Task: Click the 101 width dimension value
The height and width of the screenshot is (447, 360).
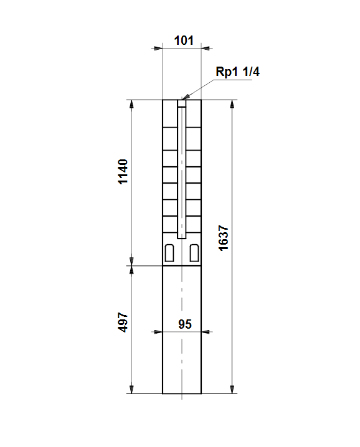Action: click(x=184, y=40)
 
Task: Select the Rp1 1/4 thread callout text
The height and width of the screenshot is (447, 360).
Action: click(x=238, y=71)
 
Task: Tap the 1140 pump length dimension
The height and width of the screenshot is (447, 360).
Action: click(x=123, y=172)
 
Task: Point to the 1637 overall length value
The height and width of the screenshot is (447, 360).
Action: click(x=224, y=238)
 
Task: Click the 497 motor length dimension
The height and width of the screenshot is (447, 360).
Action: click(x=123, y=322)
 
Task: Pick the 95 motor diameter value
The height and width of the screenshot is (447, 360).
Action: click(x=185, y=324)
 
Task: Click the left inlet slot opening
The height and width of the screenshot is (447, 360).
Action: click(x=169, y=253)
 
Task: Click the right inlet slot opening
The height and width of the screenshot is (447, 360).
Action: click(x=194, y=253)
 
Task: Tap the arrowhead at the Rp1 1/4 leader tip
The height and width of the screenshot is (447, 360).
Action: click(x=185, y=96)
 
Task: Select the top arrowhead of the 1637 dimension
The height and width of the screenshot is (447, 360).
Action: click(x=232, y=104)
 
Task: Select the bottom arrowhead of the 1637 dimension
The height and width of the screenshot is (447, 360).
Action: click(x=232, y=390)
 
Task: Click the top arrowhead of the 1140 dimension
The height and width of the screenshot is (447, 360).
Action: click(x=131, y=104)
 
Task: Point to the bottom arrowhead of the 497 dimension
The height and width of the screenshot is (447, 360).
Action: click(x=131, y=390)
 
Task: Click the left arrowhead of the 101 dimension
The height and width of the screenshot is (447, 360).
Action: click(x=158, y=48)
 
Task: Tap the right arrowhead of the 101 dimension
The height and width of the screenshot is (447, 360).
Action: click(x=206, y=48)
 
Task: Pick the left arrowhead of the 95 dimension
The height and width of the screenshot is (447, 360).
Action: click(x=158, y=332)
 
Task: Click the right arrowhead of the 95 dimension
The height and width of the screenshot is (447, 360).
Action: click(x=206, y=332)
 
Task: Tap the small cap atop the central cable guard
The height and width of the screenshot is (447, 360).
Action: click(x=182, y=103)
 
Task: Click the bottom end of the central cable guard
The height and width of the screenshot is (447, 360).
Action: click(x=182, y=238)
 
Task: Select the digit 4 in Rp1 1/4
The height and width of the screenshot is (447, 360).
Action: click(x=256, y=71)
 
